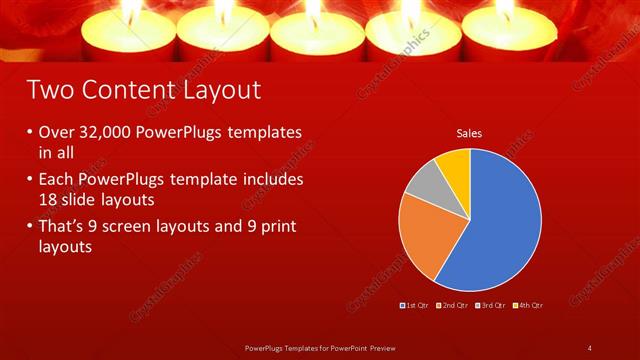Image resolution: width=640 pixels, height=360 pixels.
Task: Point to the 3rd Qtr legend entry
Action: [490, 304]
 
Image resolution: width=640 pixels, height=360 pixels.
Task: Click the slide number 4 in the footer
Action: [590, 347]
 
